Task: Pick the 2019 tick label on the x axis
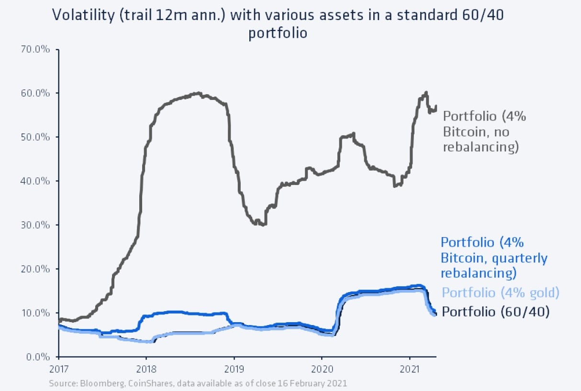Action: pyautogui.click(x=234, y=369)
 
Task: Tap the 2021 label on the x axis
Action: pyautogui.click(x=409, y=369)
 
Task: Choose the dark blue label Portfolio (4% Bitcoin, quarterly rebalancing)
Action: pyautogui.click(x=493, y=258)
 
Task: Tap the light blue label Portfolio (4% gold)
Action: pyautogui.click(x=500, y=293)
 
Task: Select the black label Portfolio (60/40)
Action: pyautogui.click(x=495, y=312)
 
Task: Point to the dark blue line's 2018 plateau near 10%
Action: pyautogui.click(x=172, y=312)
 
